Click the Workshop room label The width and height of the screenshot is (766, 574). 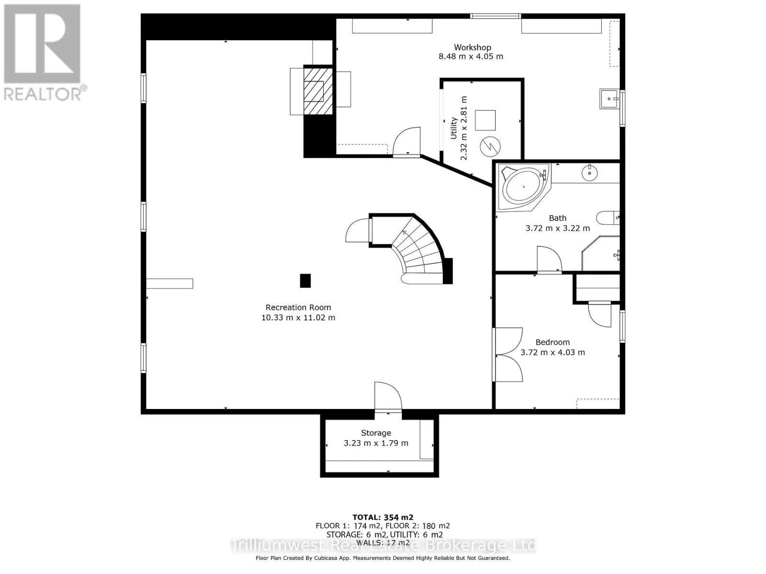tap(472, 47)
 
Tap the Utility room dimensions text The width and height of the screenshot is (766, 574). tap(463, 128)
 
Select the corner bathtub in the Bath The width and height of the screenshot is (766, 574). tap(522, 187)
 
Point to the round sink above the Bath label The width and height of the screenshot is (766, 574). tap(589, 173)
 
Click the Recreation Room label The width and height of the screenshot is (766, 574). tap(298, 308)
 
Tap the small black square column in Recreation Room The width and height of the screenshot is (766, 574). tap(305, 281)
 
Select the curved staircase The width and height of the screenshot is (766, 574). tap(417, 249)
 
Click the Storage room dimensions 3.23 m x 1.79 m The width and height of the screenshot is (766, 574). tap(376, 443)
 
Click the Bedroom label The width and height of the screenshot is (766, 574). tap(552, 342)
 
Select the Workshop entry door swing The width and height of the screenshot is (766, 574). tap(407, 142)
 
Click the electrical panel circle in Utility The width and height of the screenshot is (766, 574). tap(490, 146)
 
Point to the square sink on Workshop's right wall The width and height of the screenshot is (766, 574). tap(609, 99)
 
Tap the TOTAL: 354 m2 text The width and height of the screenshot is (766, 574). tap(383, 517)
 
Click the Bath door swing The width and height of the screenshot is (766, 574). tap(549, 260)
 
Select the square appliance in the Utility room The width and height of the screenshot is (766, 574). tap(485, 120)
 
